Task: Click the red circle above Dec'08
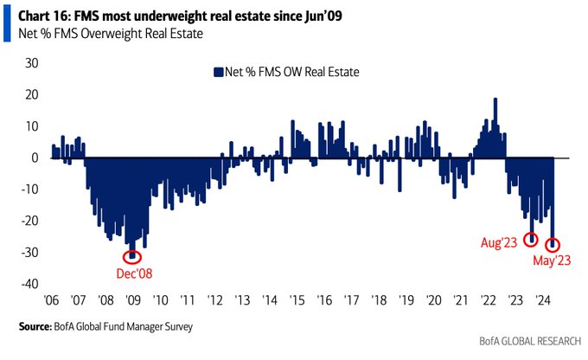point(132,255)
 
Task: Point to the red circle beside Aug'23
point(531,240)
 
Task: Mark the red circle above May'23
point(553,245)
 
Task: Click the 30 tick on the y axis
point(31,63)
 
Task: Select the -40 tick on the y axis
point(29,284)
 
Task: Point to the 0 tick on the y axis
point(35,157)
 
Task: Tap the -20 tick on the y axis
point(29,221)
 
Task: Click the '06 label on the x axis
point(52,300)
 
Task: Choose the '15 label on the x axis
point(298,300)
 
